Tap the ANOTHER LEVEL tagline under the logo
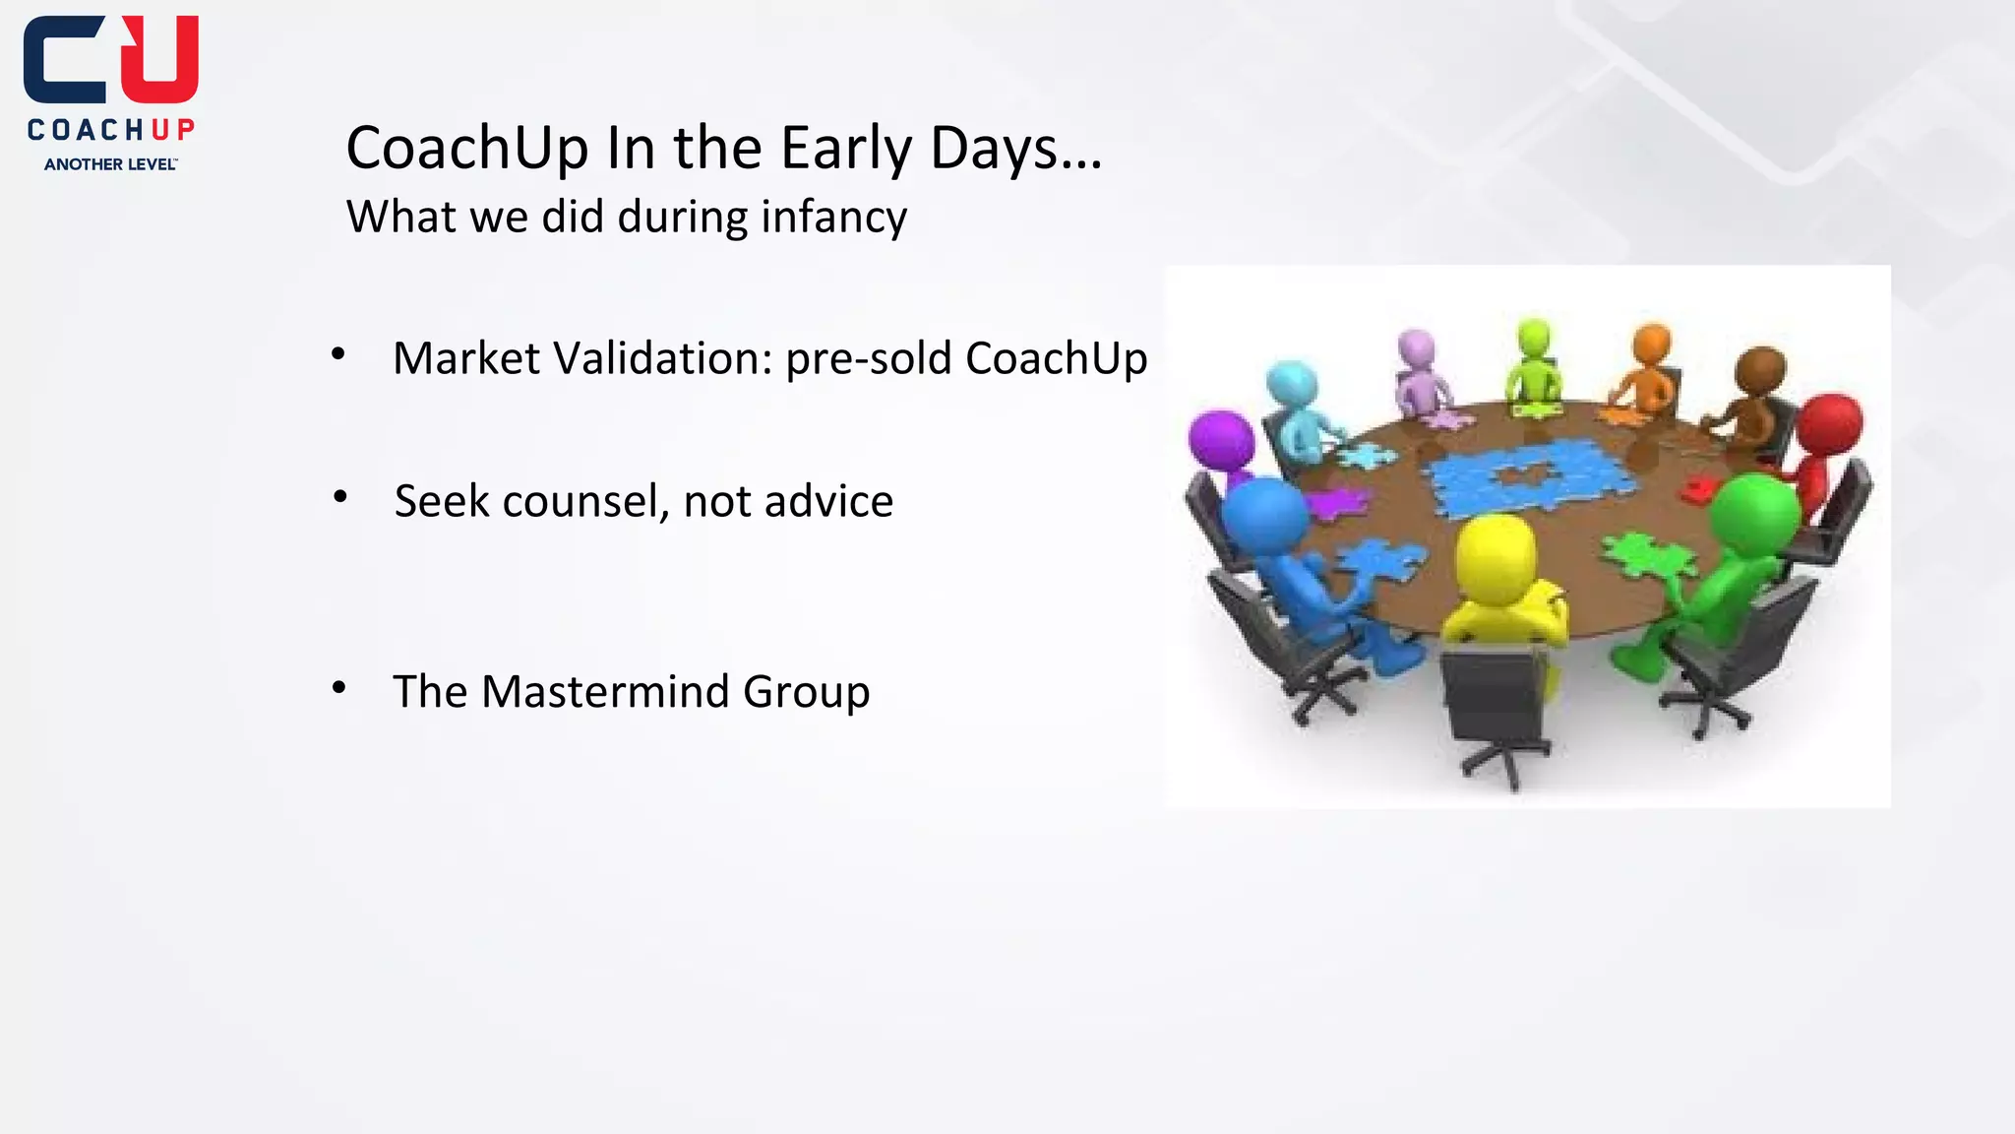pyautogui.click(x=110, y=164)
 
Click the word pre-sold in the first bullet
pyautogui.click(x=869, y=358)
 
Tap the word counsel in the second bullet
pyautogui.click(x=586, y=501)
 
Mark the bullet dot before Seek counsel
pyautogui.click(x=339, y=497)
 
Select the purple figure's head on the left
pyautogui.click(x=1221, y=440)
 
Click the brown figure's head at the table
pyautogui.click(x=1760, y=372)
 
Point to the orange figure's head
pyautogui.click(x=1652, y=346)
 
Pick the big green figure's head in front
pyautogui.click(x=1754, y=511)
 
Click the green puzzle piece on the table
pyautogui.click(x=1647, y=555)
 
